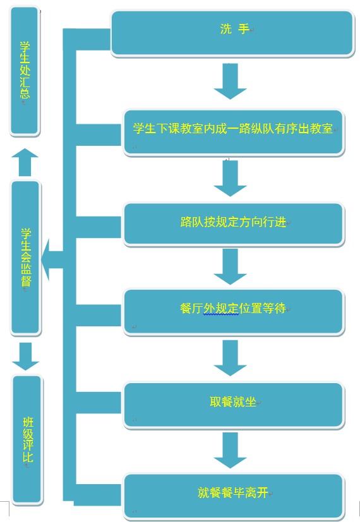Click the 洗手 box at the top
point(232,33)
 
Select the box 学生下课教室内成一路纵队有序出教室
point(234,132)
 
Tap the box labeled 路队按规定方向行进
point(234,224)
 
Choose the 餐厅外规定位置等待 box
point(234,312)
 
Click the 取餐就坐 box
point(234,405)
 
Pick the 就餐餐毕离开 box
point(234,496)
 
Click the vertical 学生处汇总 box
point(25,71)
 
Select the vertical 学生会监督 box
point(26,257)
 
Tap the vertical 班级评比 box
point(28,440)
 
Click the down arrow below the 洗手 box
point(230,81)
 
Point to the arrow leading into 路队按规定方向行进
point(230,179)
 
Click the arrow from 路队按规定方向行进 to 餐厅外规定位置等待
point(230,266)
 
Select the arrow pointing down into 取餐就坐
point(230,359)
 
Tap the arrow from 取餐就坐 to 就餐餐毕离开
point(230,451)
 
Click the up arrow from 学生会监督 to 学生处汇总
point(25,162)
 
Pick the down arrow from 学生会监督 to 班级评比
point(26,357)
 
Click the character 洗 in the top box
point(226,29)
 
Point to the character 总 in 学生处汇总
point(25,93)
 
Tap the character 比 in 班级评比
point(28,457)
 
